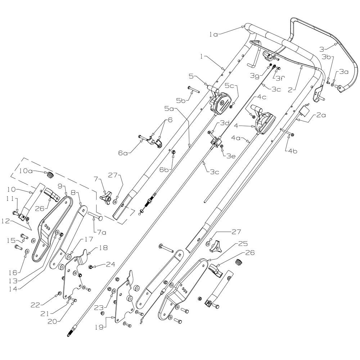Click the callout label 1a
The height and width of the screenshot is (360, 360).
pos(213,35)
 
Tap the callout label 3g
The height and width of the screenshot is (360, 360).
pos(255,76)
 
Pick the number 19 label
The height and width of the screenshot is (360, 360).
pos(100,327)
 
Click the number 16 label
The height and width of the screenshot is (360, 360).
pos(13,272)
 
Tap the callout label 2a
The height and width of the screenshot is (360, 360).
pos(321,115)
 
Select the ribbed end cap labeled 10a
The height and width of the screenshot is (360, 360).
pos(50,175)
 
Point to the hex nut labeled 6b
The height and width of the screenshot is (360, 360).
pos(174,152)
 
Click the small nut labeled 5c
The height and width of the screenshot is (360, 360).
pos(231,106)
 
